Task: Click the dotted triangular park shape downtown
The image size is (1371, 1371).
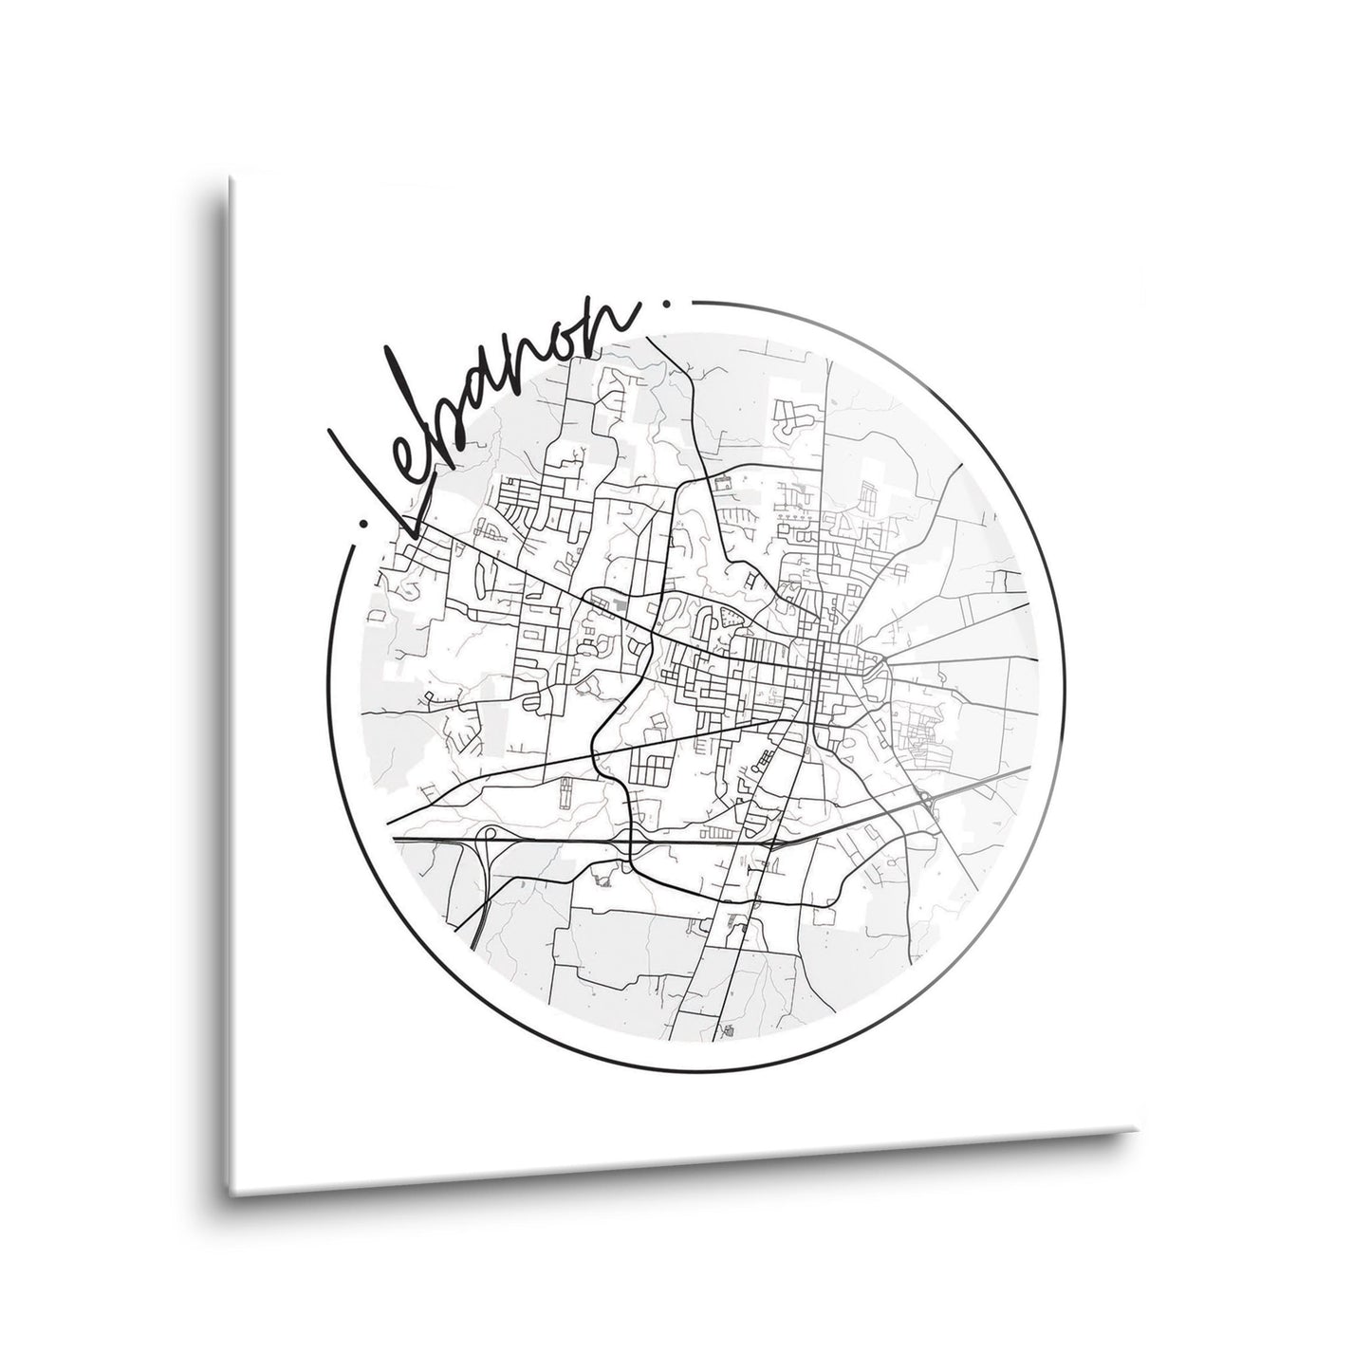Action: click(x=732, y=617)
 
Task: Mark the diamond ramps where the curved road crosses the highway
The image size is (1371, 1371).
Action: click(x=631, y=844)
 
